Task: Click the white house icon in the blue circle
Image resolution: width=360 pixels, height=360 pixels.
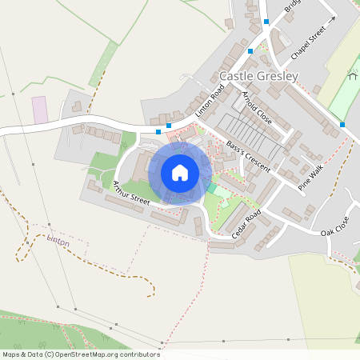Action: tap(180, 173)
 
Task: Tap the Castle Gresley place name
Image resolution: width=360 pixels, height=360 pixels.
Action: tap(258, 77)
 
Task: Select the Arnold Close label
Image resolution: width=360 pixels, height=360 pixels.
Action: tap(256, 107)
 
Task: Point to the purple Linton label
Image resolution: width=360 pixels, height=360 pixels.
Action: tap(58, 241)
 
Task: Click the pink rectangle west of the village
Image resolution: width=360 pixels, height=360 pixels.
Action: tap(40, 109)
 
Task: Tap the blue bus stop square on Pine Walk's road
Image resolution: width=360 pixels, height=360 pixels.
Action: tap(342, 124)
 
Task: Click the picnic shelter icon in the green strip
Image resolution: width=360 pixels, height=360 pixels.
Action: tap(353, 77)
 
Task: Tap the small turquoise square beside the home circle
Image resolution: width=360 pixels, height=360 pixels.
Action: tap(212, 187)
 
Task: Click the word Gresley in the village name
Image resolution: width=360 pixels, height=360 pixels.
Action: tap(278, 77)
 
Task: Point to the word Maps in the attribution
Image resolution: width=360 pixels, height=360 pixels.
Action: tap(12, 354)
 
